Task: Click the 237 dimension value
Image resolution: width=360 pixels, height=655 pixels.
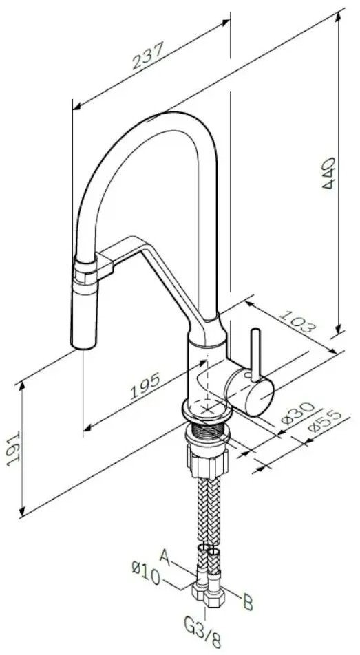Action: tap(147, 56)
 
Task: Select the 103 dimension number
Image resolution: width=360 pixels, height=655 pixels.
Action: tap(296, 321)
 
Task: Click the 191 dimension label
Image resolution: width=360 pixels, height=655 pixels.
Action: tap(14, 449)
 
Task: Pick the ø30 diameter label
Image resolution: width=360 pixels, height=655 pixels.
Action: tap(297, 413)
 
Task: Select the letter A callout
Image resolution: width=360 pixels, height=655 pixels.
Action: tap(167, 556)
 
